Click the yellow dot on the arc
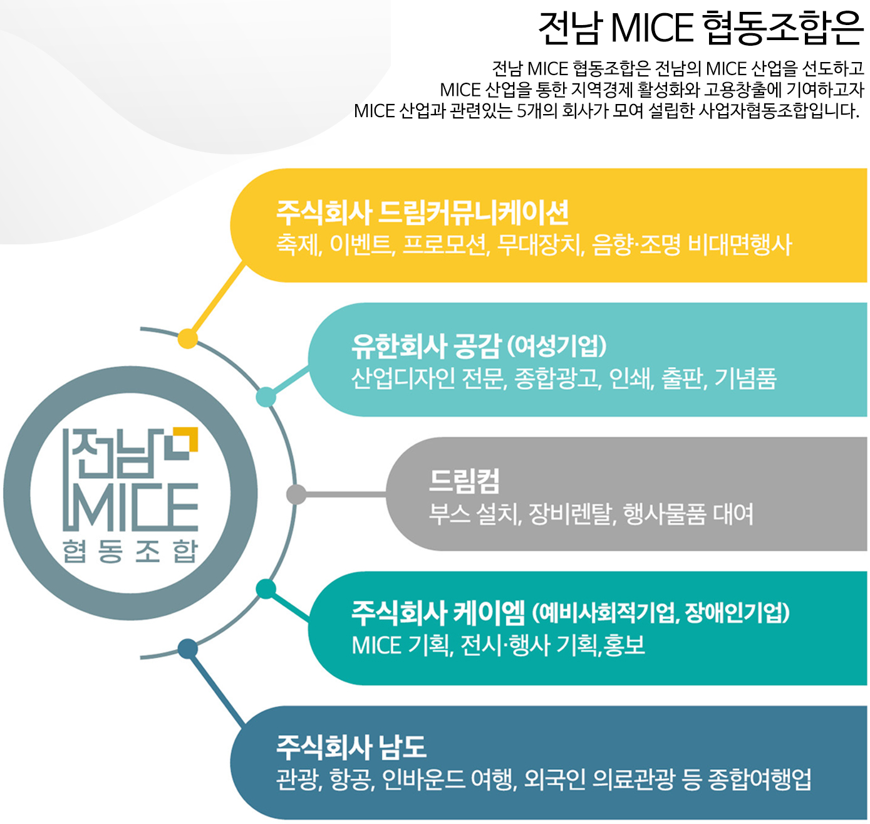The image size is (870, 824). [188, 339]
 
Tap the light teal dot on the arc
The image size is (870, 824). [266, 397]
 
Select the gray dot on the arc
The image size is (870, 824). [296, 494]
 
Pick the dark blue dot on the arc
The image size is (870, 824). [188, 649]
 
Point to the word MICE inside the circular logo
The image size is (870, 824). [130, 507]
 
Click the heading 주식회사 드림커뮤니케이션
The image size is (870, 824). [422, 212]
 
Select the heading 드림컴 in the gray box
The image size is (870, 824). [464, 481]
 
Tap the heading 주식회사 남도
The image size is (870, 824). [351, 747]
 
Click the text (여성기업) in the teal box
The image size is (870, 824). [556, 346]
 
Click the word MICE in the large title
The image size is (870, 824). [652, 28]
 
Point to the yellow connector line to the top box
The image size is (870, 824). [217, 300]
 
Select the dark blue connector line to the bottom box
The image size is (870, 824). [216, 687]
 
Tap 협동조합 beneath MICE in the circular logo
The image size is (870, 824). [130, 551]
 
